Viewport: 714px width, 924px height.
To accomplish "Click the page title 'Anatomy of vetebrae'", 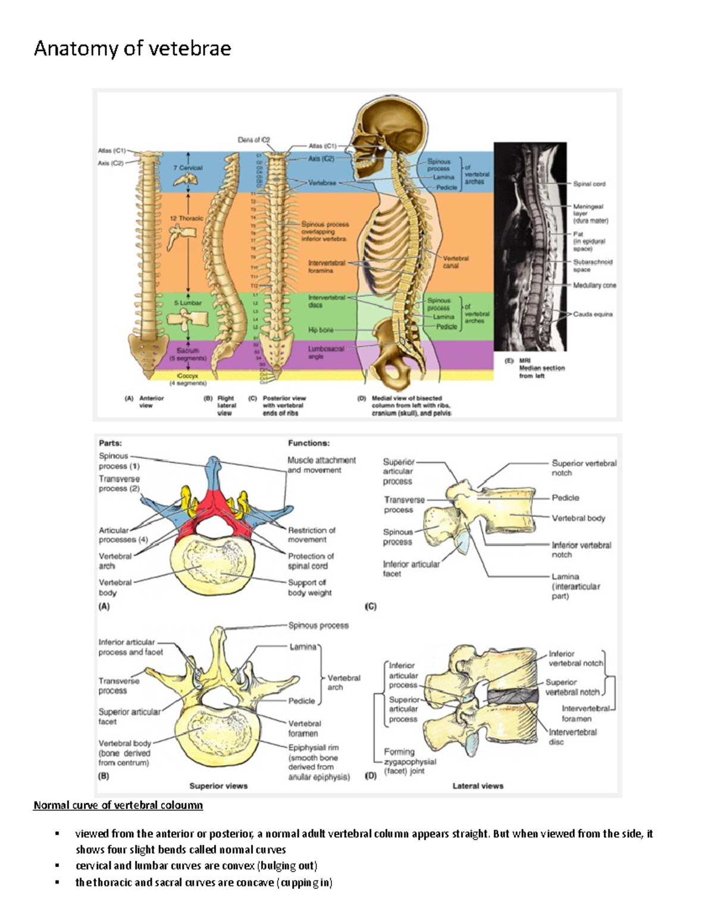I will pos(132,48).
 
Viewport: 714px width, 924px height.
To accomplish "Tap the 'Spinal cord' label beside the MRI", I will pos(589,184).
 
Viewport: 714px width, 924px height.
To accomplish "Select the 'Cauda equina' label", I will pos(593,314).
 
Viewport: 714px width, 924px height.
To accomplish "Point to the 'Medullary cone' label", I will pos(594,286).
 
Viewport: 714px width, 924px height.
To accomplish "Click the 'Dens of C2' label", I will pos(253,140).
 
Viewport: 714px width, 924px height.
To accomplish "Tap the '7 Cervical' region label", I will pos(188,168).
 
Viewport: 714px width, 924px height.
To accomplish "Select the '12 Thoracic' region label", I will pos(186,218).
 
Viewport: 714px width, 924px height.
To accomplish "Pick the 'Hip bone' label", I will pos(321,330).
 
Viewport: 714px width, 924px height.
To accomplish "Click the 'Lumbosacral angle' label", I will pos(325,353).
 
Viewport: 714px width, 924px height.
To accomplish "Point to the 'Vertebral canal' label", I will pos(455,262).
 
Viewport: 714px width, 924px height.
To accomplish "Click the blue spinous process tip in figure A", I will pos(213,467).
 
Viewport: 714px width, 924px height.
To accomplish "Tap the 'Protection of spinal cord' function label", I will pos(311,561).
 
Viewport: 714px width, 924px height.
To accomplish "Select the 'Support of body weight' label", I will pos(309,588).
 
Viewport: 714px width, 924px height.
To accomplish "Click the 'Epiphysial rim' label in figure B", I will pos(318,762).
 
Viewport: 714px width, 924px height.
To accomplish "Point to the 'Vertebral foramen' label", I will pos(305,728).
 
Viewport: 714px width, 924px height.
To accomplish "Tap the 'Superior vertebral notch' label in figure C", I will pos(584,468).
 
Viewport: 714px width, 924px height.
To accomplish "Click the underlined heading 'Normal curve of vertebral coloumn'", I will pos(118,805).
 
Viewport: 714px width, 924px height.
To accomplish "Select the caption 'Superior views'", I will pos(218,786).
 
